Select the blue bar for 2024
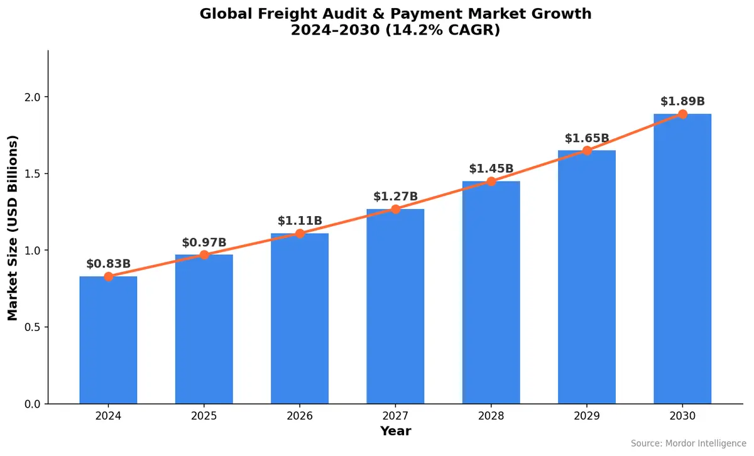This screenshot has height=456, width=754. (x=108, y=340)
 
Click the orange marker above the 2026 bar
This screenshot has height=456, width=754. (x=300, y=234)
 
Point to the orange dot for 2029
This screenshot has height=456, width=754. (x=587, y=151)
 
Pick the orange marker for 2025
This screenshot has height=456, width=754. (x=204, y=255)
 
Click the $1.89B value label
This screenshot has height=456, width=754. (x=682, y=101)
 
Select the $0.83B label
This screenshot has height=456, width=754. (x=108, y=264)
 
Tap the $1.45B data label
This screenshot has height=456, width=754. (x=491, y=168)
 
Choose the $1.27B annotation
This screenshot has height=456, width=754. (x=395, y=197)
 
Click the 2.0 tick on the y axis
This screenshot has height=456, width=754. (x=31, y=97)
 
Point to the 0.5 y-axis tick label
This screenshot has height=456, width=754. (x=31, y=327)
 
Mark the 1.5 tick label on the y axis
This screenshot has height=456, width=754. (x=31, y=174)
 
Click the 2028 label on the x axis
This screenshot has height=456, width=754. (x=491, y=416)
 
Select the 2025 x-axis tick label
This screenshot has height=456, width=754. (x=204, y=416)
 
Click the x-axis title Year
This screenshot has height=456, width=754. (x=395, y=432)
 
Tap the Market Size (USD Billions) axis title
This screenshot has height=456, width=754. (x=13, y=227)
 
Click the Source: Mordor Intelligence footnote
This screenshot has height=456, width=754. (x=688, y=444)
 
